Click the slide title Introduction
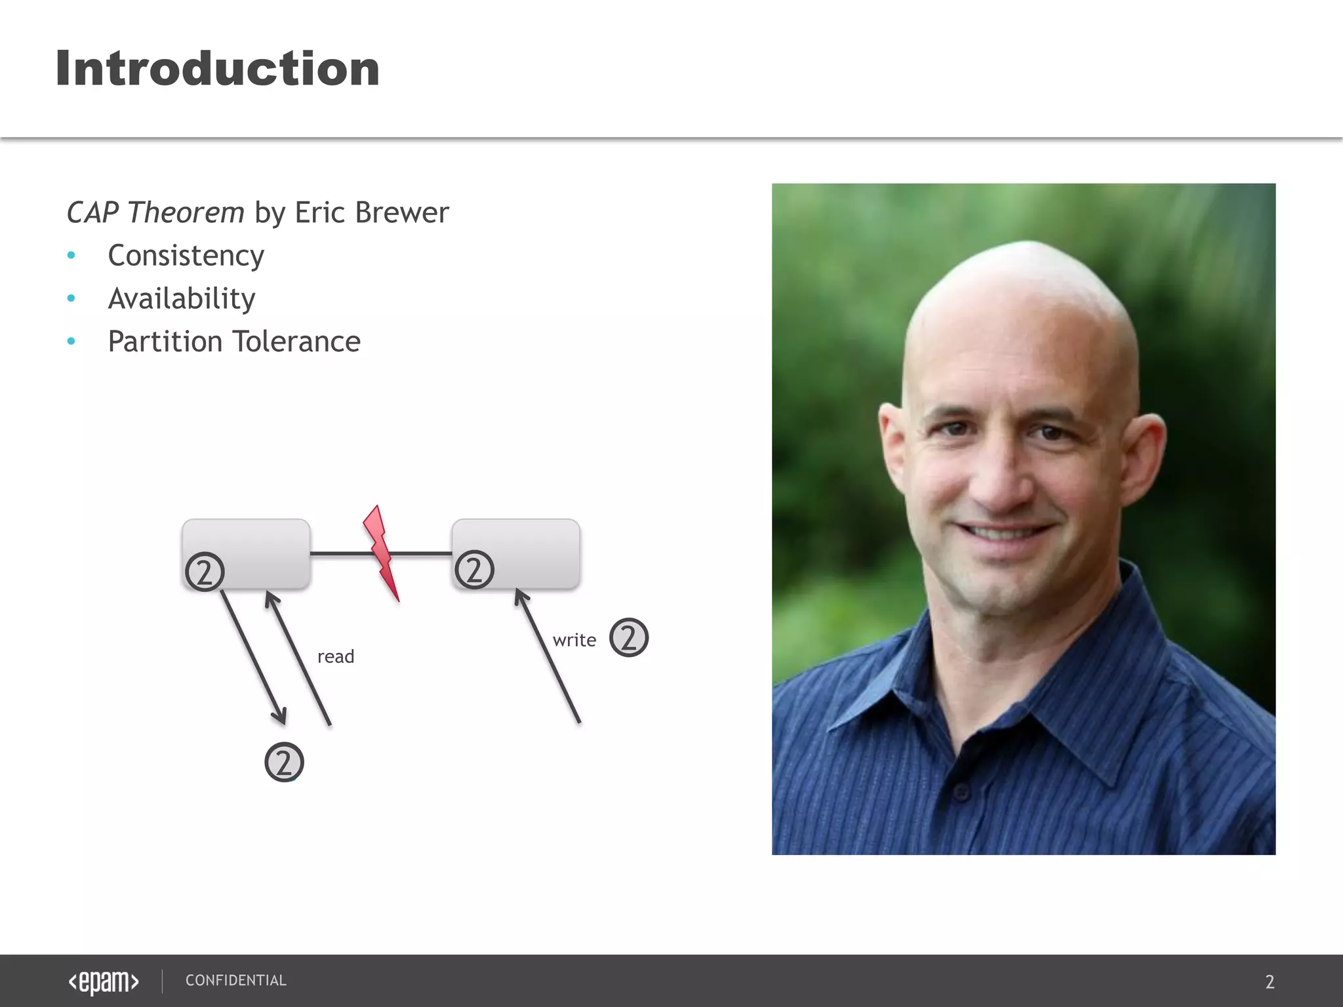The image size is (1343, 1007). click(217, 69)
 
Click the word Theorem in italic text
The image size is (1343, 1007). click(186, 212)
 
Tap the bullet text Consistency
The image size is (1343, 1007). click(186, 256)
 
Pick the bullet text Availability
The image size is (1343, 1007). click(182, 299)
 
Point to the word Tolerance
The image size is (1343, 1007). click(296, 342)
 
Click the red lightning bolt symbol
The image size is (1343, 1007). click(382, 551)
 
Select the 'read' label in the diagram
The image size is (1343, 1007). click(336, 656)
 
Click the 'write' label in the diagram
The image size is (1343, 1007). click(574, 640)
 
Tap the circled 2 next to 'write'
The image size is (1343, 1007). click(629, 637)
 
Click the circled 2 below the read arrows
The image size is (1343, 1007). click(284, 762)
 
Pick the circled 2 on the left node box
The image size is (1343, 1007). click(205, 572)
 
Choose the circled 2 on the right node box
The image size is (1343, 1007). click(474, 569)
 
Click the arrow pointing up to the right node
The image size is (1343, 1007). click(548, 656)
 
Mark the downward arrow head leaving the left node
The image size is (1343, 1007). click(281, 716)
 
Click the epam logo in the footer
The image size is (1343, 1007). click(104, 981)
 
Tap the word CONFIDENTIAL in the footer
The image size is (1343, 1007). click(236, 981)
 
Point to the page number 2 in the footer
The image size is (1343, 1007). click(1270, 982)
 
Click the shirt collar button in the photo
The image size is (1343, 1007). click(961, 792)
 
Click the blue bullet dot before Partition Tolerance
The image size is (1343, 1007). click(71, 342)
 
